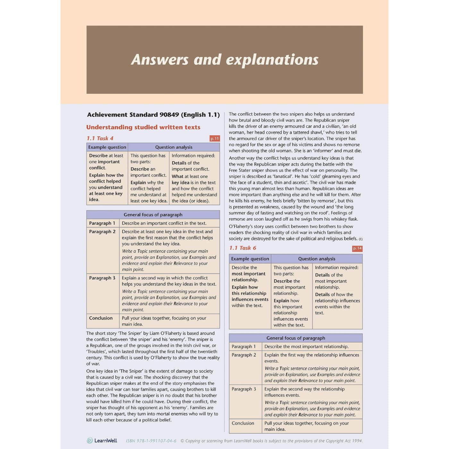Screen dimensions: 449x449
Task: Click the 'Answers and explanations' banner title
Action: pos(224,60)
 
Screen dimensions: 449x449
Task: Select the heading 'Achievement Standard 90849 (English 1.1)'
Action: pos(153,115)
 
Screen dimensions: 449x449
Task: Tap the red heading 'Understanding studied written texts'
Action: pos(143,127)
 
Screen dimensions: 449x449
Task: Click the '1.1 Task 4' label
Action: pos(100,138)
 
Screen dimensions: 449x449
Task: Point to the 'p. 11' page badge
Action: pos(215,139)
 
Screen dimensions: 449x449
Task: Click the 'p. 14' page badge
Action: pos(357,248)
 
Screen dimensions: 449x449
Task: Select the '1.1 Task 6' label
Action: pos(243,248)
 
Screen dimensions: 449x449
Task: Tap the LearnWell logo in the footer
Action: pos(102,441)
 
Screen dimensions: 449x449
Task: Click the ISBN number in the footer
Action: pos(151,441)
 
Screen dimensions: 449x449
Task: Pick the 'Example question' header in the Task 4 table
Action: pos(107,147)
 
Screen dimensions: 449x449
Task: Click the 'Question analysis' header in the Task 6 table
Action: pos(317,259)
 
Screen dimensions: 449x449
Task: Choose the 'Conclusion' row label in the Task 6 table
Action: pos(243,423)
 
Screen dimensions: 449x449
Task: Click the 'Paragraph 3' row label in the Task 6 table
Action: pos(244,389)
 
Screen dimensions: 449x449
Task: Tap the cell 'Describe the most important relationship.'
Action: pos(306,347)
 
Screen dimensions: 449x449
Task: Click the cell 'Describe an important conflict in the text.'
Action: pos(164,223)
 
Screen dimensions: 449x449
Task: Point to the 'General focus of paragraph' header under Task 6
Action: pos(296,338)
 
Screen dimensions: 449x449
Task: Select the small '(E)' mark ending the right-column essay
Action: pos(361,239)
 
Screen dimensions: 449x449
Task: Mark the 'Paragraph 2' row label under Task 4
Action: pos(102,232)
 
